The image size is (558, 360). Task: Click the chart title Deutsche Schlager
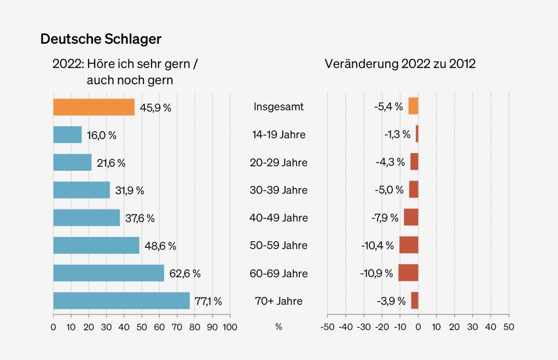click(101, 39)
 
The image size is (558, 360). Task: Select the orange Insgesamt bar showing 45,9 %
click(94, 107)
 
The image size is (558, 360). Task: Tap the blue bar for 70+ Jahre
click(121, 300)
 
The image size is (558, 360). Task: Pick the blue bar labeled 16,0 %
click(67, 135)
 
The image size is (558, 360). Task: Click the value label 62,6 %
click(185, 273)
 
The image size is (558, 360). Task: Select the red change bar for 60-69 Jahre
click(408, 272)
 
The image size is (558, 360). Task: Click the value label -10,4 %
click(377, 245)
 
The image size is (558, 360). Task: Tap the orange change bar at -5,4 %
click(413, 106)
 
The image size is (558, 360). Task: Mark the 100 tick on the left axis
click(230, 327)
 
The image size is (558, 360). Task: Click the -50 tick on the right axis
click(327, 327)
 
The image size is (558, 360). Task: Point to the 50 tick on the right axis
click(509, 327)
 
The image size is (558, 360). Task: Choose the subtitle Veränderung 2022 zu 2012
click(400, 64)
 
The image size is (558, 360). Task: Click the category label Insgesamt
click(278, 107)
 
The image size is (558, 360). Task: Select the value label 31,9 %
click(130, 190)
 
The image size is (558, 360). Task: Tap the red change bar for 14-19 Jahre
click(417, 134)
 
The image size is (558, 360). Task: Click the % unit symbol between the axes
click(278, 327)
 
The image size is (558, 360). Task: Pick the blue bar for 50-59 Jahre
click(96, 245)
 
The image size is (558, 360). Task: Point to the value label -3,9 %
click(391, 300)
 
